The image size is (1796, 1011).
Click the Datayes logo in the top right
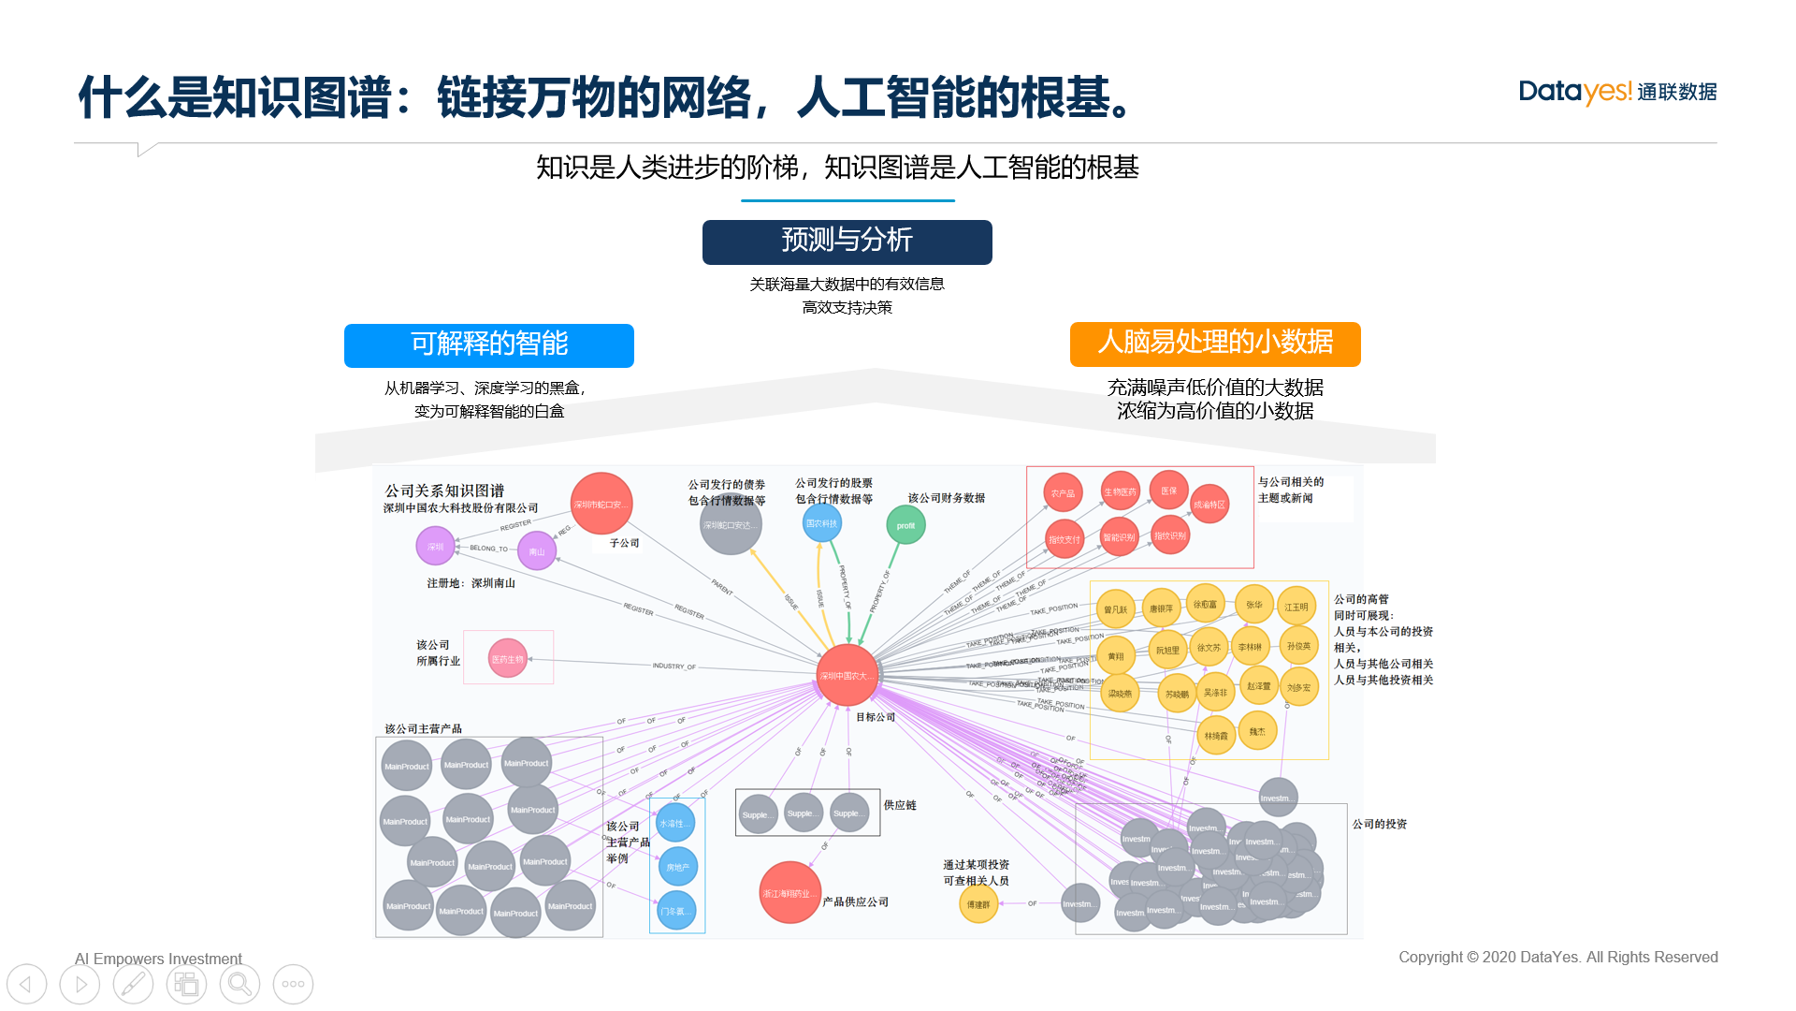click(x=1617, y=92)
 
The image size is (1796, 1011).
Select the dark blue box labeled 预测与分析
click(x=847, y=242)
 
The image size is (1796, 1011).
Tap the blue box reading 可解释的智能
click(x=488, y=344)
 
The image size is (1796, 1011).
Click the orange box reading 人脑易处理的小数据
click(x=1214, y=344)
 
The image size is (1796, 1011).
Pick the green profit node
click(x=905, y=525)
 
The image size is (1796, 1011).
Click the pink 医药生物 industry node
click(x=508, y=659)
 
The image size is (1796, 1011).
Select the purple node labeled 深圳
click(x=435, y=546)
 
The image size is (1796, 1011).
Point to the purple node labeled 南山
click(x=537, y=551)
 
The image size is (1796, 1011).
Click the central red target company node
click(x=847, y=675)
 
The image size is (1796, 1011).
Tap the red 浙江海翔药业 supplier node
click(x=789, y=893)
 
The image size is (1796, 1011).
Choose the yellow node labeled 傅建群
click(x=978, y=904)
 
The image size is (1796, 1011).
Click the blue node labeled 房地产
click(x=677, y=868)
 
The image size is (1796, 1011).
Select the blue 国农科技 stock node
click(x=822, y=523)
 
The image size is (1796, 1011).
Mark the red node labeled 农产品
click(x=1063, y=492)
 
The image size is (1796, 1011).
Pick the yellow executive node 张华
click(x=1253, y=605)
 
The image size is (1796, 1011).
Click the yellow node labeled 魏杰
click(x=1257, y=731)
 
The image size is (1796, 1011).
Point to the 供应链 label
click(x=900, y=805)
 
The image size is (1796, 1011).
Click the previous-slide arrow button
click(x=26, y=984)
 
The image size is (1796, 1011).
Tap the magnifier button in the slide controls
click(x=239, y=984)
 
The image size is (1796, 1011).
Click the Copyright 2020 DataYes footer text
click(x=1557, y=957)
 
